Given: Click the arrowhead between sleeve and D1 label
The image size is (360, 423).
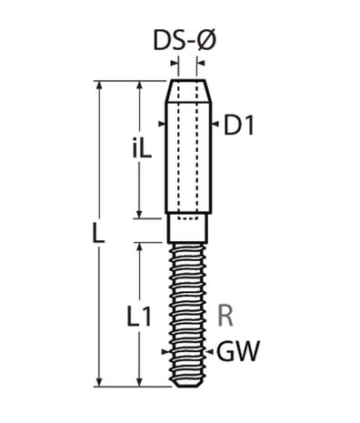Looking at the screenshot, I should [x=212, y=126].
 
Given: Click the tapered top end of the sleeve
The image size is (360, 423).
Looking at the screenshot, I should [x=188, y=92].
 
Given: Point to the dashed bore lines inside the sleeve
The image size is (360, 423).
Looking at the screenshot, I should [x=188, y=155].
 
